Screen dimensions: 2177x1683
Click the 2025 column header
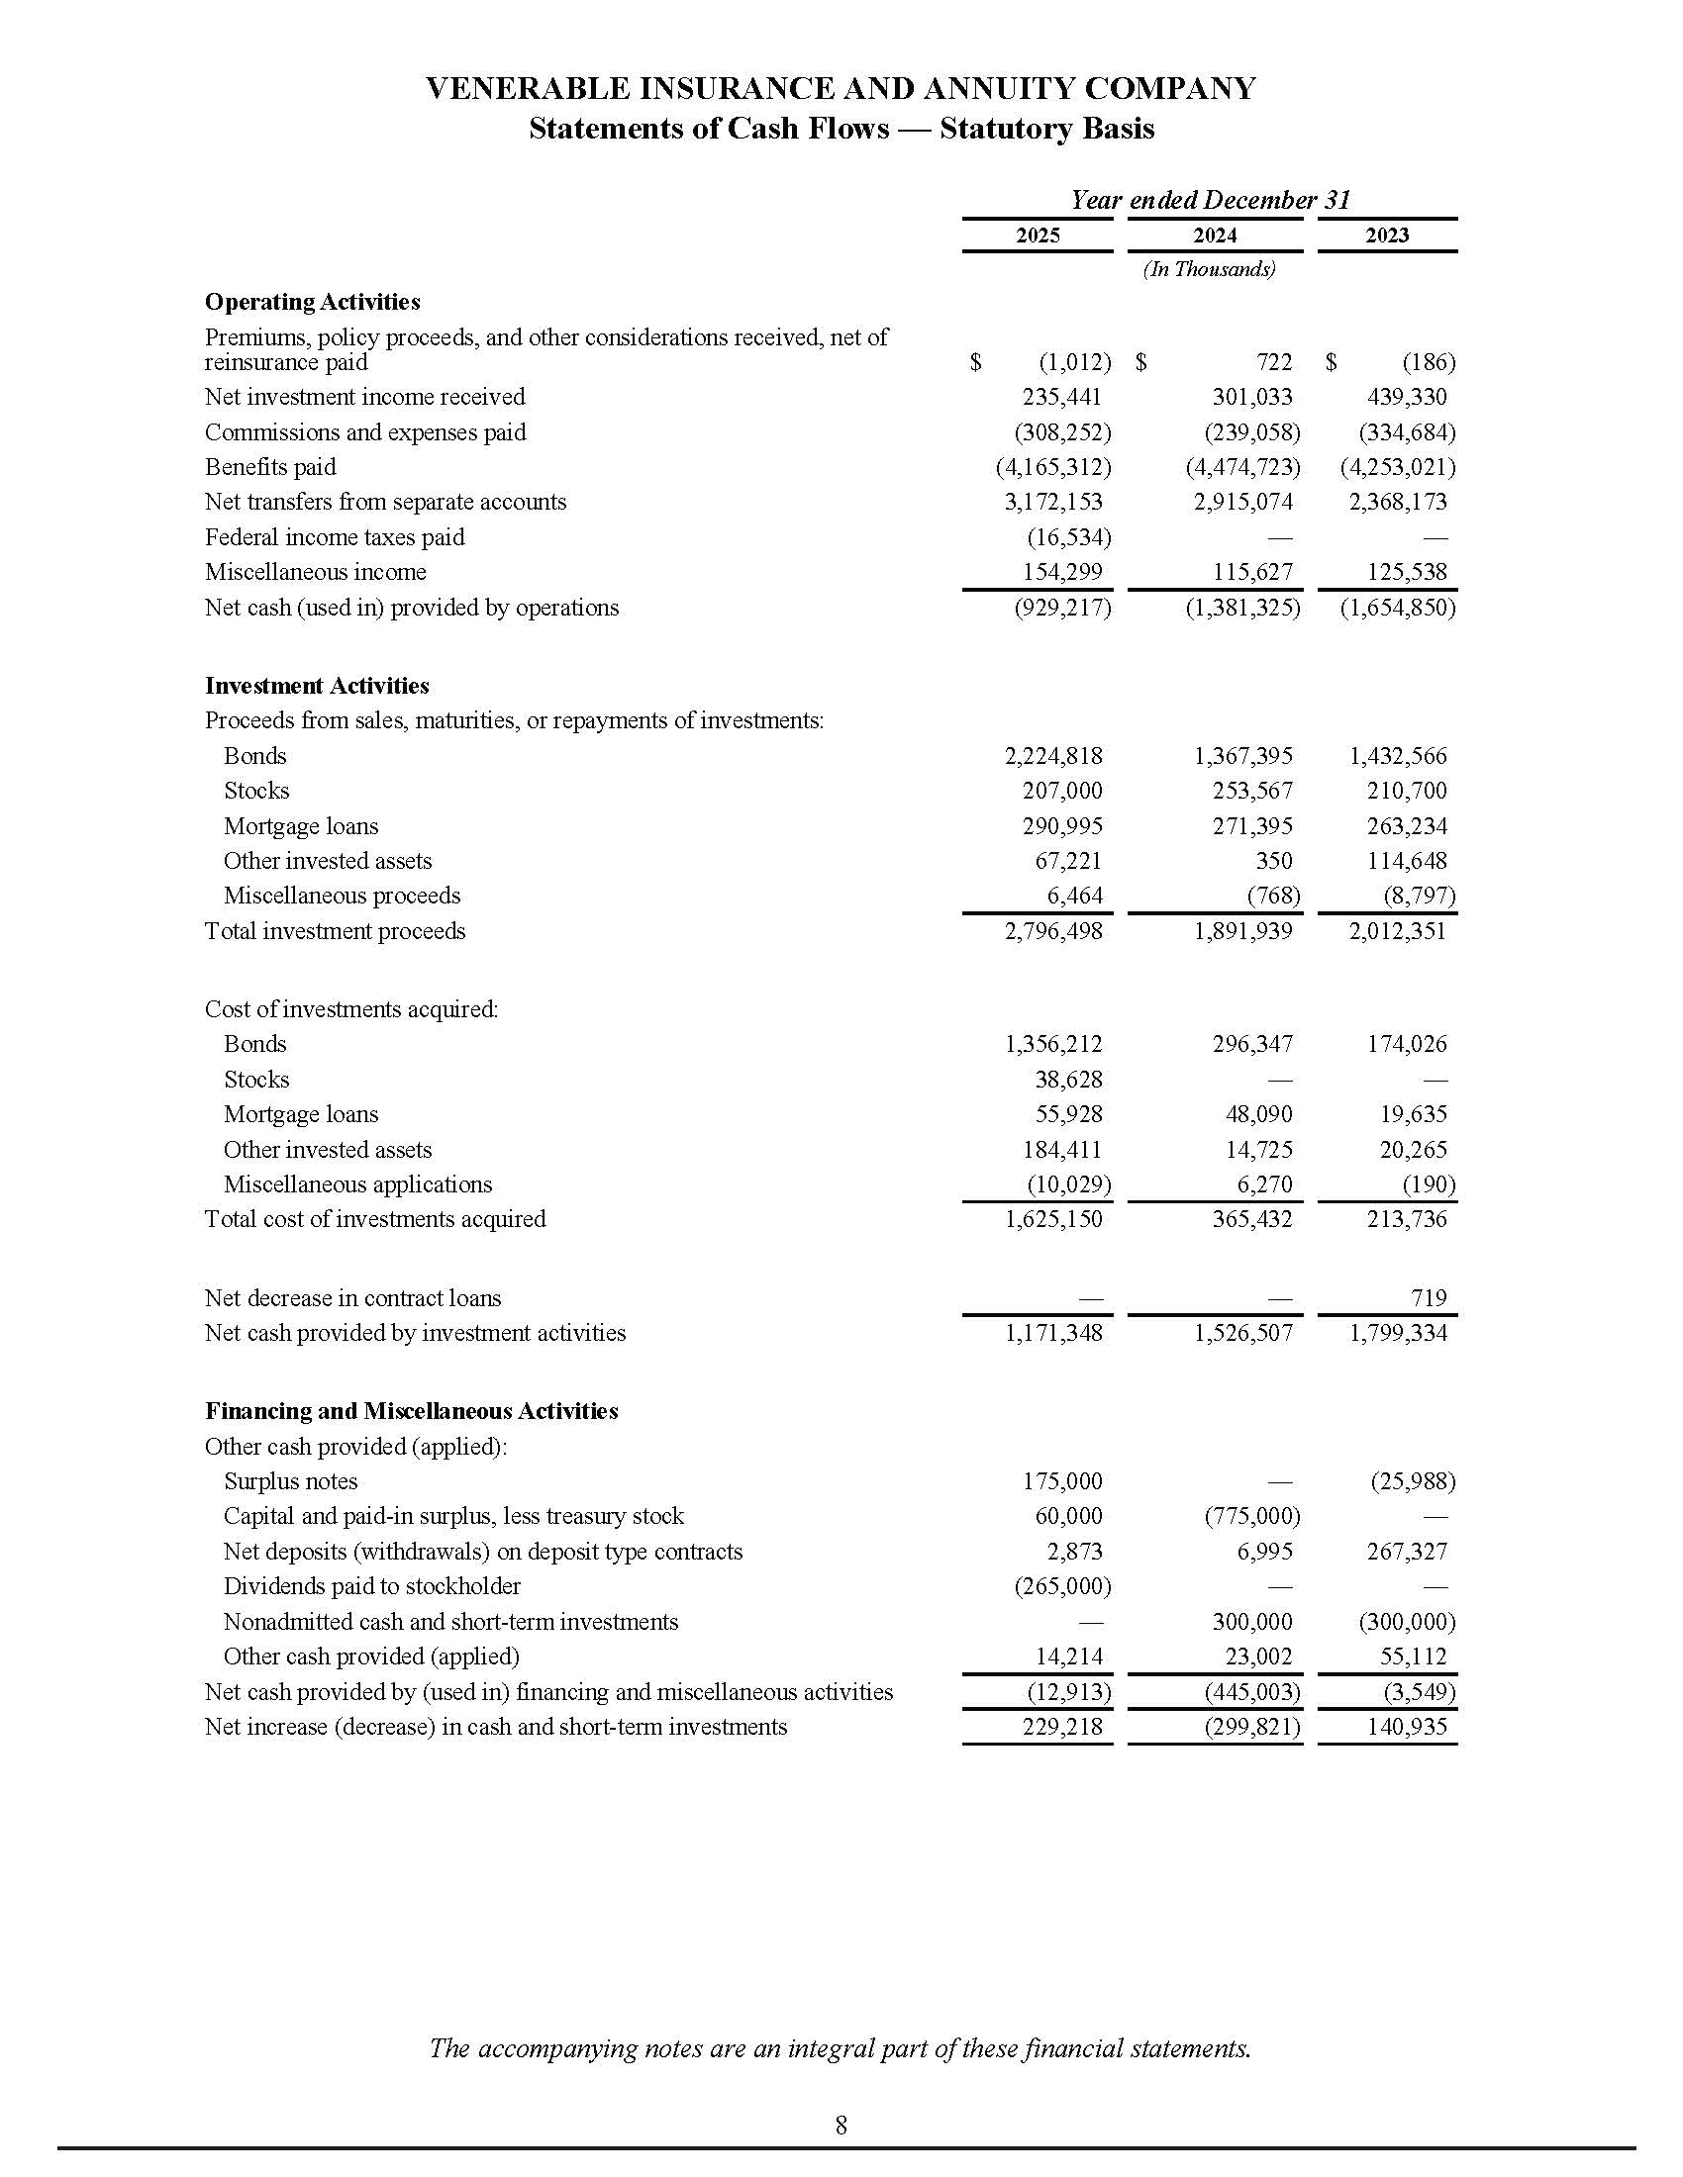1037,236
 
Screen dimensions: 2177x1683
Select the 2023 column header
1386,236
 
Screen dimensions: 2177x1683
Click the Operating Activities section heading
312,302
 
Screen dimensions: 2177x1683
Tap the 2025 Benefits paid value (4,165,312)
1053,467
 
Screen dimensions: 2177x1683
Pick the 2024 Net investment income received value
1251,397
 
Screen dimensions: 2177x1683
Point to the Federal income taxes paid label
334,537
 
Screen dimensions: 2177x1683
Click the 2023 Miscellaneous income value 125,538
1406,572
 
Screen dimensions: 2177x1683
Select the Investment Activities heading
317,686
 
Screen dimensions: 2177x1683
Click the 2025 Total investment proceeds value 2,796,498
1053,931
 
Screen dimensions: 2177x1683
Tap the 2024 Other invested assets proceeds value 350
1273,861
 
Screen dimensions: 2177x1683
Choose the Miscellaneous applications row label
357,1184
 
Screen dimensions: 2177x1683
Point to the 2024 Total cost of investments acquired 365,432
1251,1219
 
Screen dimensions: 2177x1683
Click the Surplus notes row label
290,1481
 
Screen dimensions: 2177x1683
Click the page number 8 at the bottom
841,2126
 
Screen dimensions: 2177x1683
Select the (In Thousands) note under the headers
1209,269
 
